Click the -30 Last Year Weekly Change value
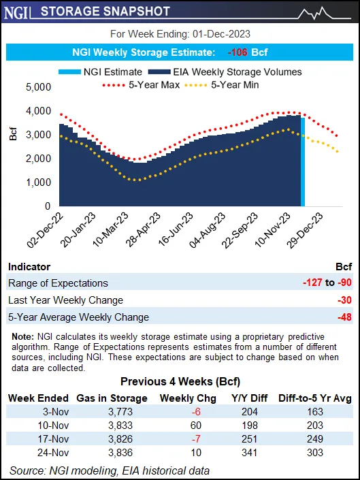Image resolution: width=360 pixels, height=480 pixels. tap(344, 300)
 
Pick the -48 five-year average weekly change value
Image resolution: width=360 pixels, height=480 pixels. tap(344, 317)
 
